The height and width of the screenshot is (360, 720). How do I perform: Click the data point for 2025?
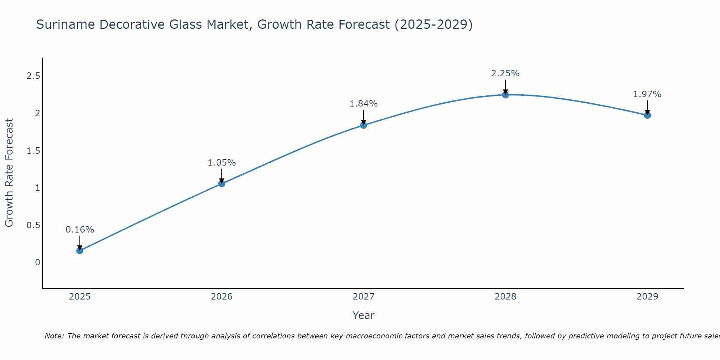coord(80,251)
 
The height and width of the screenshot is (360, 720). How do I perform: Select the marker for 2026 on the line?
coord(221,184)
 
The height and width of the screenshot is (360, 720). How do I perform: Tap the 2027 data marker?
coord(363,125)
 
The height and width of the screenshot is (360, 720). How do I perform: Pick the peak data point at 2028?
coord(505,95)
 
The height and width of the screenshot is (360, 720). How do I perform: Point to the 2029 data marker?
coord(647,115)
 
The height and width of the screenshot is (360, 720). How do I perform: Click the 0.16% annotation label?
coord(80,230)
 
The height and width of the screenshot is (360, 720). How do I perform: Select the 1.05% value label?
coord(221,163)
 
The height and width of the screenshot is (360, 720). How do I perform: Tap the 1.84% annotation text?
coord(363,104)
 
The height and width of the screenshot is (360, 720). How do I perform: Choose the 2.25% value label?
coord(505,73)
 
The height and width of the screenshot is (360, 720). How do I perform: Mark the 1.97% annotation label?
coord(647,94)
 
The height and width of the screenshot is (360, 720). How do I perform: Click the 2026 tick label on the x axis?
coord(221,297)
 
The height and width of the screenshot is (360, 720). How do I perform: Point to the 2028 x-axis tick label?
coord(505,297)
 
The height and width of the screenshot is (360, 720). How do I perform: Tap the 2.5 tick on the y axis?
coord(33,76)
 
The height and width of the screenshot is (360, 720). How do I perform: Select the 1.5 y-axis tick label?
coord(33,150)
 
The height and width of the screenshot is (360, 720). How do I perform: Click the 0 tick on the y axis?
coord(37,262)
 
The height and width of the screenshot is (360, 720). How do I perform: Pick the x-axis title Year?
coord(363,315)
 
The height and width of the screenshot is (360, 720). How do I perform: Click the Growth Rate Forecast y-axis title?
coord(9,173)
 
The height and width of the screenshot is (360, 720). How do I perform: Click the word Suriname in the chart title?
coord(66,24)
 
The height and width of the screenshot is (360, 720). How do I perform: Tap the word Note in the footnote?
coord(54,336)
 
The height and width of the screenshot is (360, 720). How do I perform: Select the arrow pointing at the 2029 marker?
coord(647,107)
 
